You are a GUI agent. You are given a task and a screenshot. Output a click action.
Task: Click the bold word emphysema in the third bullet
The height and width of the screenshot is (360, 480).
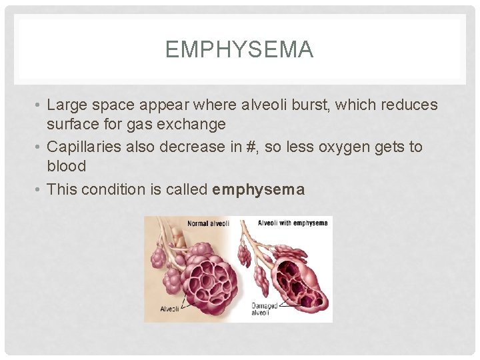(x=258, y=189)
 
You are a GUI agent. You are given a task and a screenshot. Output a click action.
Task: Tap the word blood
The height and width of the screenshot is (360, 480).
(x=66, y=165)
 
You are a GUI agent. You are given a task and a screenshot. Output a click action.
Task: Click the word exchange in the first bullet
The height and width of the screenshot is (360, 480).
(x=197, y=124)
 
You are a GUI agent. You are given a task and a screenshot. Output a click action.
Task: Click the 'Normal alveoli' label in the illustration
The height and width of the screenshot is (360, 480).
(x=208, y=223)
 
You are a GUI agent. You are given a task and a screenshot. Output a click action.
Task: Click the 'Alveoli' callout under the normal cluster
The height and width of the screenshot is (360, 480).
(x=170, y=309)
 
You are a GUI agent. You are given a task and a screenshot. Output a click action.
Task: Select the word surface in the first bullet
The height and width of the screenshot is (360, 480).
(x=71, y=124)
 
